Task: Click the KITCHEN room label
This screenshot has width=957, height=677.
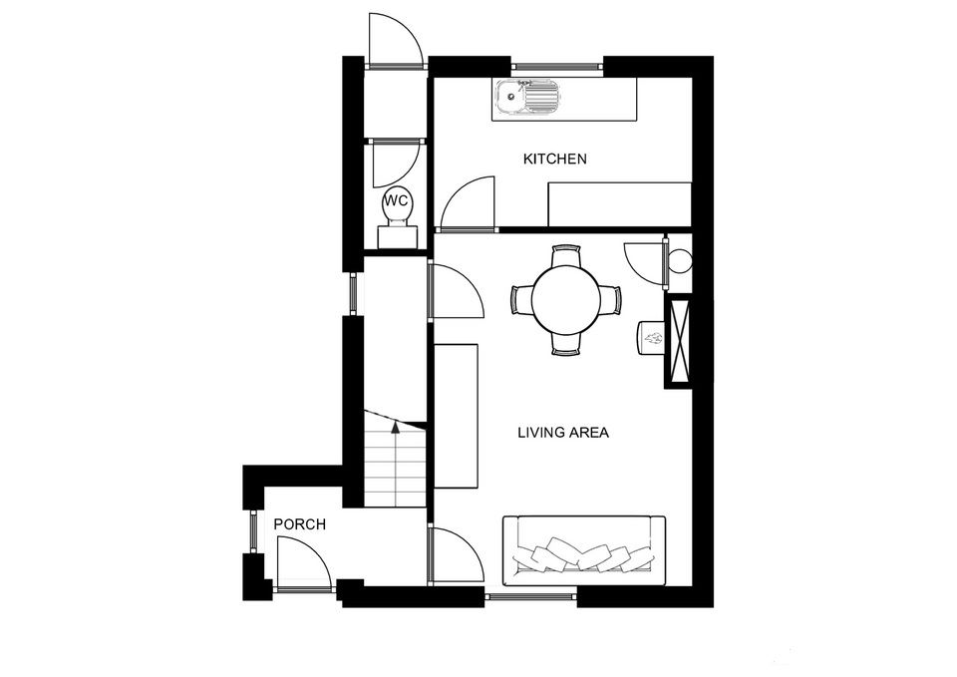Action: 555,160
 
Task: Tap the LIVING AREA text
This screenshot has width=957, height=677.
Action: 562,433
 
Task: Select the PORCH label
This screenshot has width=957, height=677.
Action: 299,524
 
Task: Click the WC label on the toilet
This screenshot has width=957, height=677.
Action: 397,201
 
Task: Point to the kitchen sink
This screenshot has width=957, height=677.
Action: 527,98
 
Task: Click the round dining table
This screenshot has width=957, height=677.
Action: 566,299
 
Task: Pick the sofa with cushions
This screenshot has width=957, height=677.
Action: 584,551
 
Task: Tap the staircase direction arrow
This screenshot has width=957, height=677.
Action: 396,427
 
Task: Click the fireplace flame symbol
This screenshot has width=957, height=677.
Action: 652,339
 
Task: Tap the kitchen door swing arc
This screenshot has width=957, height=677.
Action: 469,203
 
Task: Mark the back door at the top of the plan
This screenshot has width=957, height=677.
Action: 394,40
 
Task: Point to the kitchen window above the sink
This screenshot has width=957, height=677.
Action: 558,68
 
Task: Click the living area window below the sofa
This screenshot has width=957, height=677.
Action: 530,597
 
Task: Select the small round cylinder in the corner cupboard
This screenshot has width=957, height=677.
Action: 681,262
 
